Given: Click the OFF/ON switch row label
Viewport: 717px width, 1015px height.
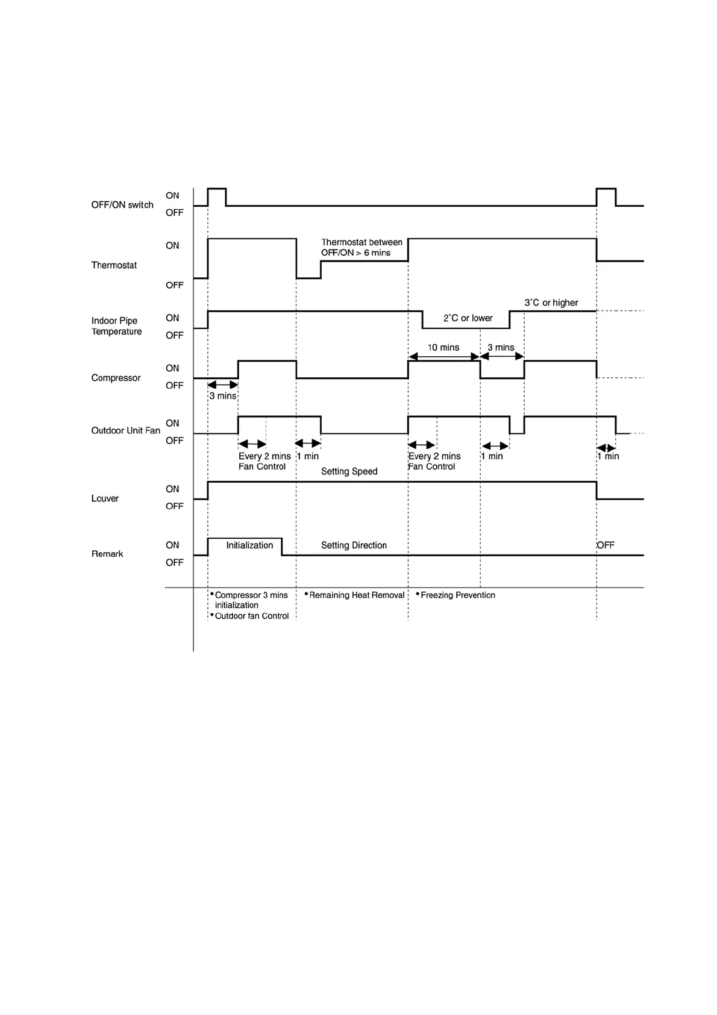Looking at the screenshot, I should click(x=122, y=205).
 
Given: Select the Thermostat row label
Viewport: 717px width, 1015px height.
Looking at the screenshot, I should click(x=114, y=265).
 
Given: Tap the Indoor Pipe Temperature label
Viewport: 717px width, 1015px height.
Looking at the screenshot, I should click(x=116, y=326).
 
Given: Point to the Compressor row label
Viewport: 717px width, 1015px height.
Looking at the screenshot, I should click(x=116, y=378).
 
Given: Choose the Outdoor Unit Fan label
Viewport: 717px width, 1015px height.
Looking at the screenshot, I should click(x=125, y=430).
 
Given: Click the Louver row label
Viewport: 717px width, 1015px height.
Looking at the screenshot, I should click(x=105, y=498).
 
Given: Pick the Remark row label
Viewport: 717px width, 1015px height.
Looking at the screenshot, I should click(x=107, y=554).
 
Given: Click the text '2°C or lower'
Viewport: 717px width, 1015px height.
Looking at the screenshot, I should click(x=468, y=318).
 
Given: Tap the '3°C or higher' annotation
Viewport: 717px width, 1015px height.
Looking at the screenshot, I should click(x=551, y=303).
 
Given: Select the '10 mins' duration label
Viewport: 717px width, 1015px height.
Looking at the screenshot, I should click(x=443, y=348).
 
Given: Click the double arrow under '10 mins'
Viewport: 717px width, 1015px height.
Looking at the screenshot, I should click(x=444, y=357).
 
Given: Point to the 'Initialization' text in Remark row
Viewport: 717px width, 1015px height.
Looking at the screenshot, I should click(x=249, y=545).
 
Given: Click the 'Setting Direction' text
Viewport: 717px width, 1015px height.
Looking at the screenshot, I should click(x=354, y=545).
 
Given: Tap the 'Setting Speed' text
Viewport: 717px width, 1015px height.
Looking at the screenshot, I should click(x=349, y=471).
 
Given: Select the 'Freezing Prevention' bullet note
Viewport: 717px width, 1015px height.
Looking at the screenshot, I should click(x=457, y=595).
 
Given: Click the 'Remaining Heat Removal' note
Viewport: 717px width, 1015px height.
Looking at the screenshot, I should click(x=357, y=595).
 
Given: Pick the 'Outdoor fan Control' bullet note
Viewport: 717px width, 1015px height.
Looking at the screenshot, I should click(x=251, y=616).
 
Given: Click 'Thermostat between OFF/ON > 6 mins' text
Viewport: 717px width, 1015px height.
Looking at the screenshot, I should click(x=362, y=248).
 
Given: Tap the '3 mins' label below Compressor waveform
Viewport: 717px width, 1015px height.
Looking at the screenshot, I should click(x=222, y=396).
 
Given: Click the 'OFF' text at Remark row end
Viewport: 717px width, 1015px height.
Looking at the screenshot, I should click(x=606, y=545).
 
